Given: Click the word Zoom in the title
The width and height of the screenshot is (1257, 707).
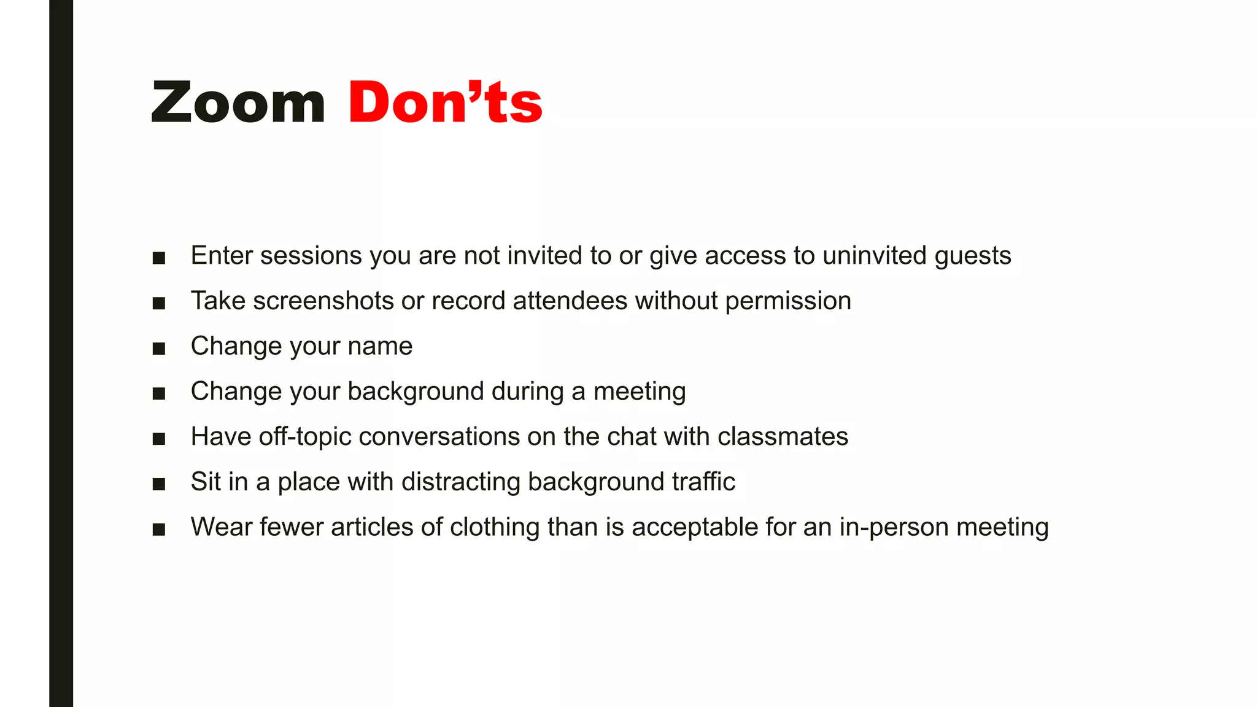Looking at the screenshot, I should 238,103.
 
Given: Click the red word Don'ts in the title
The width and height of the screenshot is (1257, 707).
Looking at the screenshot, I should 445,103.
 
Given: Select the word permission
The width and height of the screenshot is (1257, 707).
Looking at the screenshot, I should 788,301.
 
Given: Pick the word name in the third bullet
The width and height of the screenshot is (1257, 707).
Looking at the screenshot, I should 380,346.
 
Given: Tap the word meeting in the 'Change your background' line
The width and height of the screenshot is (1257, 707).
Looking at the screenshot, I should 640,392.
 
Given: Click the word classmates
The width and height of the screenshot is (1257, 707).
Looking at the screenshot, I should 783,437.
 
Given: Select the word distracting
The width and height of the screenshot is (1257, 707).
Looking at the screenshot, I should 460,482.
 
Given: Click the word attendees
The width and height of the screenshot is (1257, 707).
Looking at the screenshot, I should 570,301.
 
